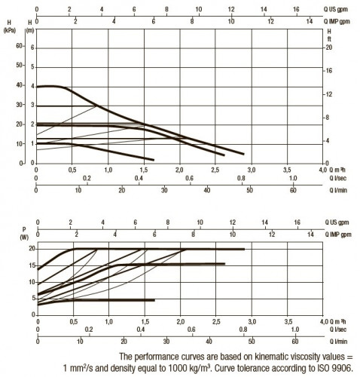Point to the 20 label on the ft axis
coord(329,48)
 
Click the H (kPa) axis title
coord(10,26)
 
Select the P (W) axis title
coord(24,234)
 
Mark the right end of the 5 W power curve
coord(154,300)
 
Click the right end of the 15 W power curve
coord(224,264)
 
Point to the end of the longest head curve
coord(244,154)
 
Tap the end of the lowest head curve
coord(154,160)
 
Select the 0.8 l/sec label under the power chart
coord(243,329)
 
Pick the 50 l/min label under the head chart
coord(249,190)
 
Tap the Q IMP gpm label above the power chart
coord(338,234)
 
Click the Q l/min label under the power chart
coord(338,342)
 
